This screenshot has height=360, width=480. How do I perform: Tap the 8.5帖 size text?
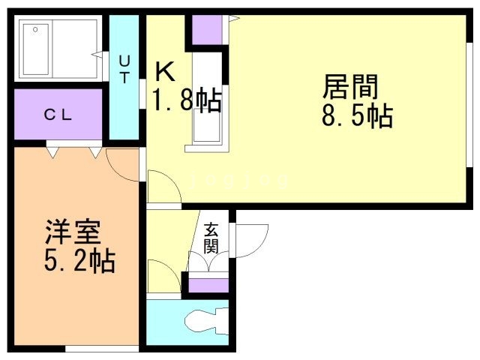point(356,116)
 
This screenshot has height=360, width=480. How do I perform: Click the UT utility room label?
point(124,67)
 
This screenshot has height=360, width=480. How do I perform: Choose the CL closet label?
point(57,115)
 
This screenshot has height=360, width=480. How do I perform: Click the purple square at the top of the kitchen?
point(206,28)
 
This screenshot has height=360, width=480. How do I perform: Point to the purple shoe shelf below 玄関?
point(208,285)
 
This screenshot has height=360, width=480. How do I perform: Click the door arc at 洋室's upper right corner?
point(122,162)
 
